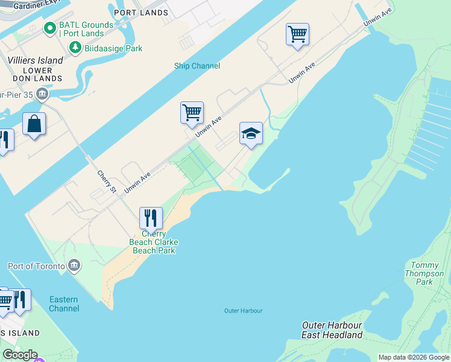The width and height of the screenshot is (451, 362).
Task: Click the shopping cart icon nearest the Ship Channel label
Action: (x=192, y=112)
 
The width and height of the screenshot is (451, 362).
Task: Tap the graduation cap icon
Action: (x=251, y=133)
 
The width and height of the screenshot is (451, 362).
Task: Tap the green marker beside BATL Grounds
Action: (x=50, y=28)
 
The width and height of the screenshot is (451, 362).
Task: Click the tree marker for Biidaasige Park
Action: (x=75, y=48)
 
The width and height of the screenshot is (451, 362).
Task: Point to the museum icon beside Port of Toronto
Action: (x=74, y=265)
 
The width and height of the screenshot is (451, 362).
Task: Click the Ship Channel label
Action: (x=197, y=66)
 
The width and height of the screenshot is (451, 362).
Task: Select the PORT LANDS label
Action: (x=140, y=13)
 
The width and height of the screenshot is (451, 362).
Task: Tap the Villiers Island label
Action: (x=35, y=60)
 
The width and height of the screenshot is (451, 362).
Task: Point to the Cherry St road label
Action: (x=107, y=182)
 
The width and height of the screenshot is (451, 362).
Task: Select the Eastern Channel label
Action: (x=64, y=304)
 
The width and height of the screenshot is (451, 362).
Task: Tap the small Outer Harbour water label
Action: (x=243, y=311)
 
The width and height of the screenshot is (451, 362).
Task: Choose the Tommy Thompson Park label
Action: (x=427, y=273)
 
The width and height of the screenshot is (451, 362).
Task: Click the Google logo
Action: (x=20, y=355)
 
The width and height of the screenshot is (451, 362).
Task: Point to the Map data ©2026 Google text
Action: (x=414, y=357)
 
